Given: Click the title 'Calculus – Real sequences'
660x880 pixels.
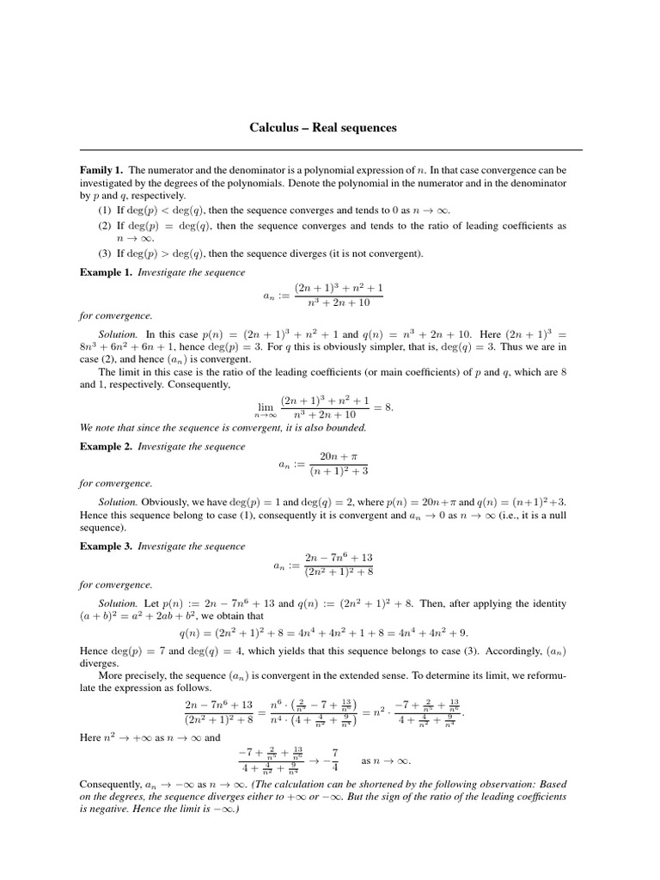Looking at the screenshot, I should [323, 127].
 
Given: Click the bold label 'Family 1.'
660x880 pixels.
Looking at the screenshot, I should [102, 170].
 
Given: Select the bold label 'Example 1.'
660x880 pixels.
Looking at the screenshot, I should [107, 272].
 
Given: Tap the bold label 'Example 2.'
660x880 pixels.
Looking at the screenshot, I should [107, 447].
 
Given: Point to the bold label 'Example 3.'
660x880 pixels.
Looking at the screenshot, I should [107, 547].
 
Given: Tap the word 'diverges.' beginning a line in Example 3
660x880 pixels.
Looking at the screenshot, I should [100, 663].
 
